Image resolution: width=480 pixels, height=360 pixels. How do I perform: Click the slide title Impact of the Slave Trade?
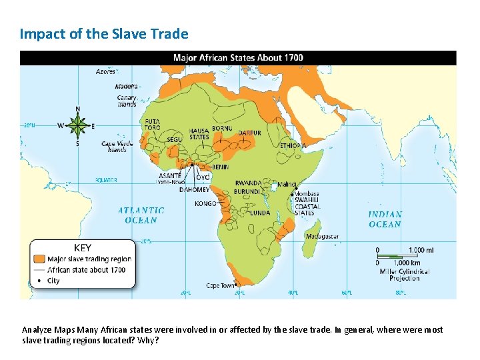(104, 33)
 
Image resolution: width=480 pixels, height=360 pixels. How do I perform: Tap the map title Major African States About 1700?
(238, 57)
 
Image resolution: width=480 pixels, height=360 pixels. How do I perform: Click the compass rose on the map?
(78, 125)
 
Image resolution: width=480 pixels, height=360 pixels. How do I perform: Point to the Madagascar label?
(323, 237)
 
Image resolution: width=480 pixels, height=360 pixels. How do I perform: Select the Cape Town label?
(221, 286)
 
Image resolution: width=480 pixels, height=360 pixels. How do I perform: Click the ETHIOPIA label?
(293, 145)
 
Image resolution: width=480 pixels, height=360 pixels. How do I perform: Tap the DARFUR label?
(249, 133)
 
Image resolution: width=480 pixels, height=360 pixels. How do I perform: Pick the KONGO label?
(205, 204)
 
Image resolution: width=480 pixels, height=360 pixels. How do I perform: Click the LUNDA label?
(260, 213)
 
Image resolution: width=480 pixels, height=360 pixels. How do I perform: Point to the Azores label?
(105, 71)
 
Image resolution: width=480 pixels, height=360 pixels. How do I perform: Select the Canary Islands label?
(127, 101)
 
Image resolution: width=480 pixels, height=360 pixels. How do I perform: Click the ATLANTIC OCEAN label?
(141, 215)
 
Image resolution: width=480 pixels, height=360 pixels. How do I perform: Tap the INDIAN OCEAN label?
(385, 219)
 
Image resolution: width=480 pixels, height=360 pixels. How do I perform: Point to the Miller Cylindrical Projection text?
(405, 275)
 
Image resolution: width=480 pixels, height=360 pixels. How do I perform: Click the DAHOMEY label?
(195, 189)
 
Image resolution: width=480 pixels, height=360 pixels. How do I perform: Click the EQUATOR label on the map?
(105, 180)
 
